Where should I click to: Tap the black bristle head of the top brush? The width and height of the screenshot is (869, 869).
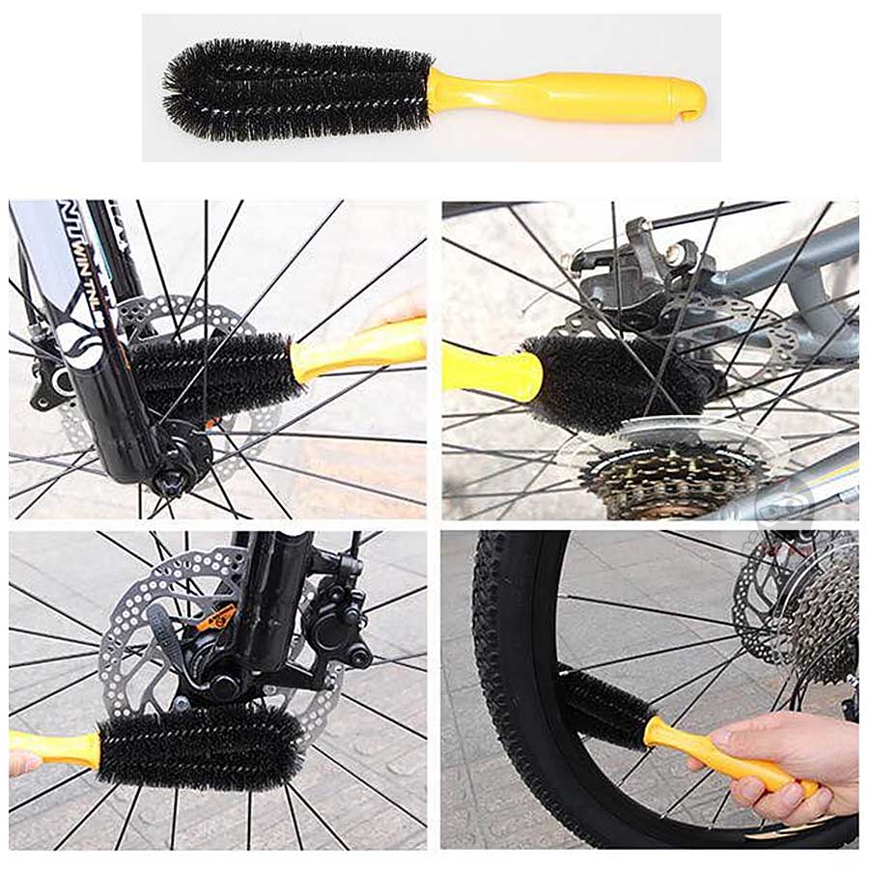[x=299, y=89]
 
